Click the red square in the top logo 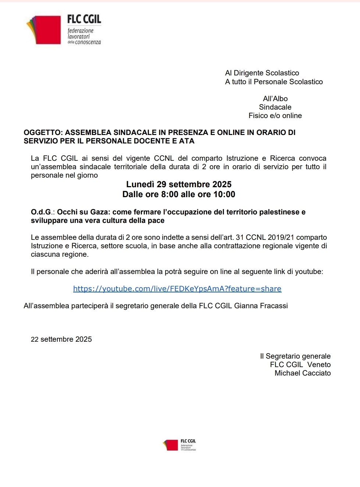(x=47, y=30)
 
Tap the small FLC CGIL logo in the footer (x=179, y=445)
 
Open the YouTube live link (x=177, y=289)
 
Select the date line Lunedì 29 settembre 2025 (x=179, y=184)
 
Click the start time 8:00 (x=170, y=194)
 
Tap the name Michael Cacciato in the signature (x=303, y=373)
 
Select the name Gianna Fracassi (x=261, y=306)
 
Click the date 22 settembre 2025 (x=61, y=339)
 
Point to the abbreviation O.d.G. (x=43, y=212)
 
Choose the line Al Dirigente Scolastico (x=262, y=73)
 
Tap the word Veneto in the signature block (x=319, y=365)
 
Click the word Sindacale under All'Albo (x=275, y=107)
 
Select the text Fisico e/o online (x=275, y=115)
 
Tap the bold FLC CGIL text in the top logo (x=84, y=19)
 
